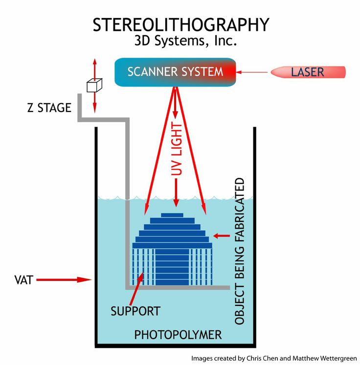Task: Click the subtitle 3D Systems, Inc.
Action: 186,41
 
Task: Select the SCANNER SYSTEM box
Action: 175,72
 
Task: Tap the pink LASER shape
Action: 308,72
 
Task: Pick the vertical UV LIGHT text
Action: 178,149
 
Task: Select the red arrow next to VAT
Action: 64,280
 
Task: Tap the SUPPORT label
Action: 135,311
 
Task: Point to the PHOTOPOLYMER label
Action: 178,335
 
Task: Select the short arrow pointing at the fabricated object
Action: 222,236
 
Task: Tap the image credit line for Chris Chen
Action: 274,357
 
